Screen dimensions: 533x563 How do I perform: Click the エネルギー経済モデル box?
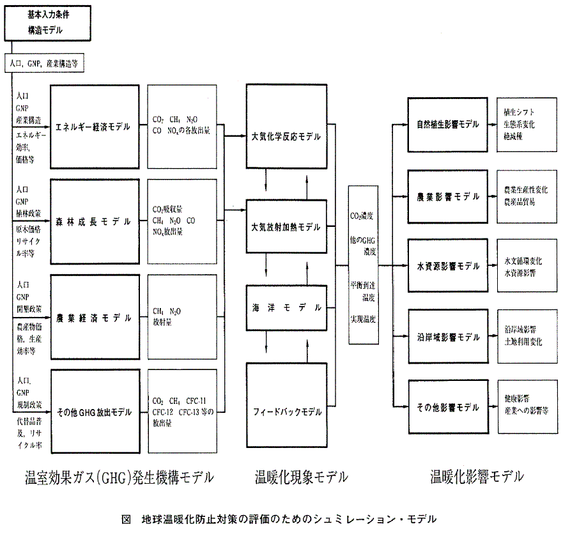pos(93,127)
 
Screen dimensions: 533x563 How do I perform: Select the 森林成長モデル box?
pos(93,222)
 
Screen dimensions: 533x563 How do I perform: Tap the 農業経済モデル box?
pos(93,317)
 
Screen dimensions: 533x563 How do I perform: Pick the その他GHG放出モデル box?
pos(93,412)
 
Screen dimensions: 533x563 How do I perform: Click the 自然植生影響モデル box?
pos(447,124)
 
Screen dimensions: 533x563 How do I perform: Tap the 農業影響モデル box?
pos(447,196)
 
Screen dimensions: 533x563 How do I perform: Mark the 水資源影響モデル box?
pos(447,265)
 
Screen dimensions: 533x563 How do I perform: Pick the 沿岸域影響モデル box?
pos(447,336)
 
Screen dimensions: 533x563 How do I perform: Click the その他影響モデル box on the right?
pos(447,407)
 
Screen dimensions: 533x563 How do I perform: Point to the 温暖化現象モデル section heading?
pos(302,477)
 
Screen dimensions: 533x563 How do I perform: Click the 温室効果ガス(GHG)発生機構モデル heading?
pos(119,477)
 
